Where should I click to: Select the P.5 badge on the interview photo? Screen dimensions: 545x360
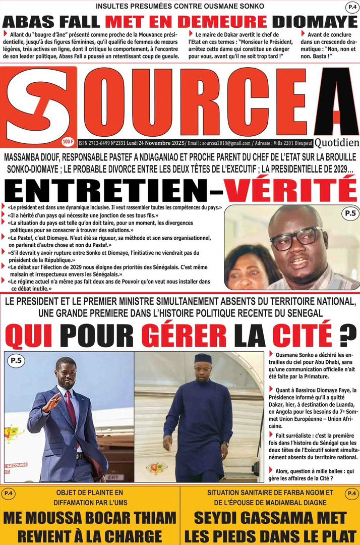click(x=349, y=214)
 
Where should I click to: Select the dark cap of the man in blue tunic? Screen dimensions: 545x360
click(x=203, y=358)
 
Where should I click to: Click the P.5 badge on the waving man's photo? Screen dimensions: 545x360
click(x=16, y=360)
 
